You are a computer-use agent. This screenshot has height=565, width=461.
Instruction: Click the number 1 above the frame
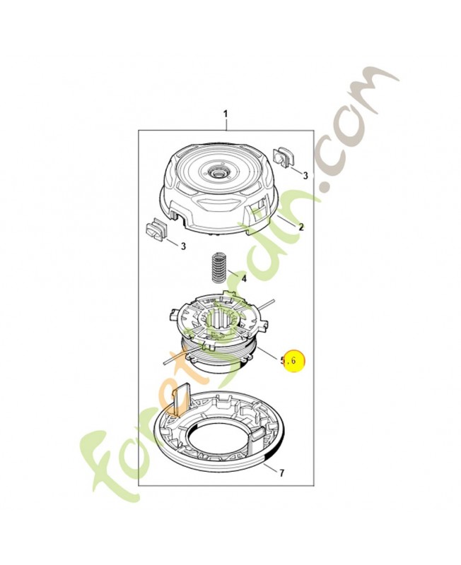[226, 114]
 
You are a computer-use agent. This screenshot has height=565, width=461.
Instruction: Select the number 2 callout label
[300, 227]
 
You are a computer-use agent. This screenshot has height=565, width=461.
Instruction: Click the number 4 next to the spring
[243, 278]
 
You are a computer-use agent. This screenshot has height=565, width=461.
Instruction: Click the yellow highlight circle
[293, 361]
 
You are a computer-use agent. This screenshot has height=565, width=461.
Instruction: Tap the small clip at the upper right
[283, 157]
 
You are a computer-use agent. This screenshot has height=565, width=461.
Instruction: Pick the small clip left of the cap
[156, 231]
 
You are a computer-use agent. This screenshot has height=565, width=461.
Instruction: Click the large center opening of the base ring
[218, 445]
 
